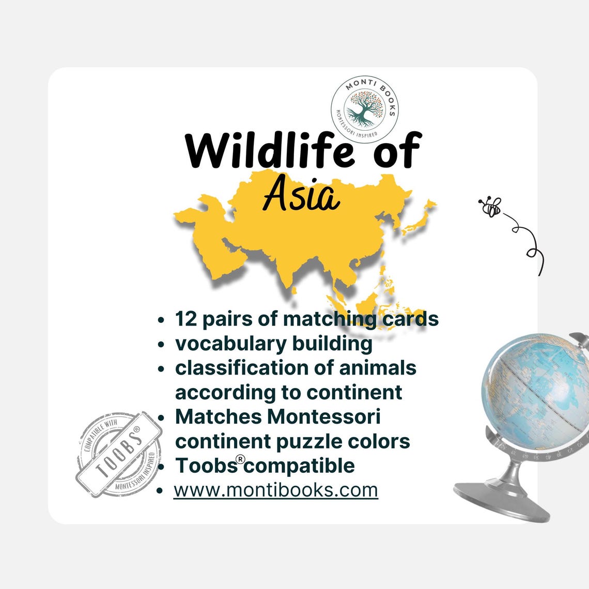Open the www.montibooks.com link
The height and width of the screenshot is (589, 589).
(x=276, y=490)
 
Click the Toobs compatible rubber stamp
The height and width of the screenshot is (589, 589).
(x=116, y=455)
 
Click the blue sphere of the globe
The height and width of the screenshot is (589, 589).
(x=532, y=385)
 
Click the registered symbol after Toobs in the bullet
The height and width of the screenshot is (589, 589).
(x=240, y=459)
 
